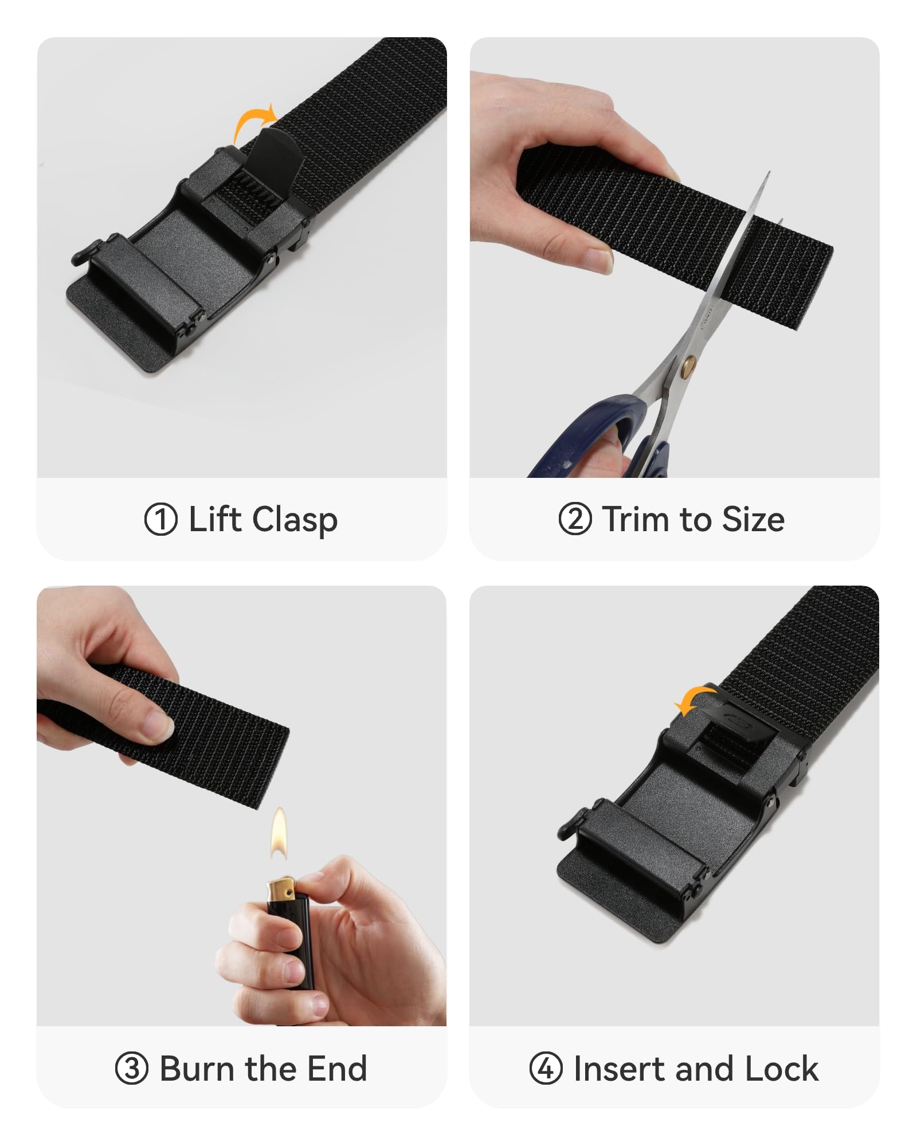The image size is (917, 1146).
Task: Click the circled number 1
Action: pos(160,519)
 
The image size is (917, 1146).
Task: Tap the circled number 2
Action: pos(575,519)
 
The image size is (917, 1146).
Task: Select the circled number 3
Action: pos(132,1069)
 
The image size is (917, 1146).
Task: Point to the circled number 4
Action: pos(546,1069)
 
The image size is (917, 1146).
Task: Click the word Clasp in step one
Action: pos(295,520)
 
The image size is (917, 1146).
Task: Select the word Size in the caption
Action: pos(753,519)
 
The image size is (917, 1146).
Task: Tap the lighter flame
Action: pos(279,834)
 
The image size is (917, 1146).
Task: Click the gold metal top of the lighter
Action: pos(281,889)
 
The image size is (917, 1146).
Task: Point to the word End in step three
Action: pos(337,1069)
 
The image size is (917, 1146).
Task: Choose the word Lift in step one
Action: pos(214,519)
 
